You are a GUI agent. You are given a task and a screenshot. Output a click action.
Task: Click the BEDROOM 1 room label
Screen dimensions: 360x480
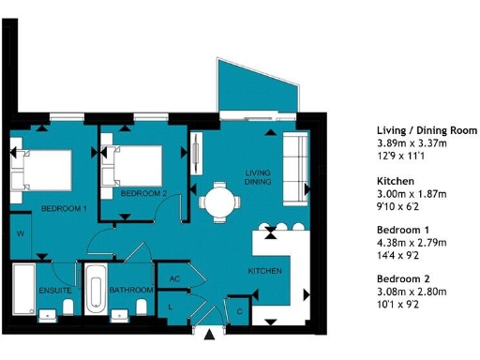(64, 207)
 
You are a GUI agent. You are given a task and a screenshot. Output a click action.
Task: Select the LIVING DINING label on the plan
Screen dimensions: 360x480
(258, 177)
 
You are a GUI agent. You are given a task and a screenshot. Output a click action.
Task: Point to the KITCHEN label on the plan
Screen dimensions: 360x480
(265, 271)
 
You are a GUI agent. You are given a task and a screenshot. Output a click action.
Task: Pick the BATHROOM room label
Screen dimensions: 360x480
(131, 291)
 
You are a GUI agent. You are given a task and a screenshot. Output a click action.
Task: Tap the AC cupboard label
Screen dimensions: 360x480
(174, 278)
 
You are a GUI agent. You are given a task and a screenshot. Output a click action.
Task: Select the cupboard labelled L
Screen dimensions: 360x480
(170, 306)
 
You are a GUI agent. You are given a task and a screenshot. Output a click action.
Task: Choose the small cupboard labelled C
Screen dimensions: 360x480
(240, 310)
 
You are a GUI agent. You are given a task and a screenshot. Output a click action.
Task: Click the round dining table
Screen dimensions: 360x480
(217, 200)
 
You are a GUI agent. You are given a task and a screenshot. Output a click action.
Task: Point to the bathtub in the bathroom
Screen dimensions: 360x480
(96, 290)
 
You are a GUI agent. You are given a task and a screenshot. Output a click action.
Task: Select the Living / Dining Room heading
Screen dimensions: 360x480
(427, 129)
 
